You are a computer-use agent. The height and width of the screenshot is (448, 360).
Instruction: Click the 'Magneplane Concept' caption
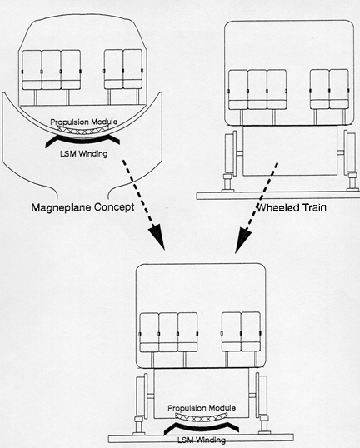click(83, 207)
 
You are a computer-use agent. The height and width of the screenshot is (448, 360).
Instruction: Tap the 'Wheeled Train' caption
click(292, 207)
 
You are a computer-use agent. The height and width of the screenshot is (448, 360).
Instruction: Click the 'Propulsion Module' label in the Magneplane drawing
click(84, 122)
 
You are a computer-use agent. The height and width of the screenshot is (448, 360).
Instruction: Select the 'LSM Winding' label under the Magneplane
click(84, 154)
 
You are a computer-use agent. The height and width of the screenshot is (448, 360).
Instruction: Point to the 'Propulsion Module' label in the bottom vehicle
click(201, 408)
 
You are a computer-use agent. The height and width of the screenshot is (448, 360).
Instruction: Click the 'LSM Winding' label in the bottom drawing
click(201, 440)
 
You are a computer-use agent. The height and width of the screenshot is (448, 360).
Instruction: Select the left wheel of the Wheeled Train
click(230, 152)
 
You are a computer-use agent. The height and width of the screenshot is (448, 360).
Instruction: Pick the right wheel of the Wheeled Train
click(351, 152)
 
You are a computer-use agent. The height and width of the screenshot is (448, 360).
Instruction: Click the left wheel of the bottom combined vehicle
click(141, 396)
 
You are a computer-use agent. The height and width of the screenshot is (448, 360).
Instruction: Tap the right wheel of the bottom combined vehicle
click(262, 396)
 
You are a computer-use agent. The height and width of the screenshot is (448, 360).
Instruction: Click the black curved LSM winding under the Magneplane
click(83, 140)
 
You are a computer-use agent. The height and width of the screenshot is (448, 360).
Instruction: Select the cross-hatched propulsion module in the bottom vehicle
click(201, 417)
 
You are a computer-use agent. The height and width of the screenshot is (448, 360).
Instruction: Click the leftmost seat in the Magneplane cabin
click(32, 70)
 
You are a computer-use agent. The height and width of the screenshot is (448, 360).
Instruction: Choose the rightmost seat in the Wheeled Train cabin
click(339, 89)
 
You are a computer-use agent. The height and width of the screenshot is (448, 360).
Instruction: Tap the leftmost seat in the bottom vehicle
click(149, 332)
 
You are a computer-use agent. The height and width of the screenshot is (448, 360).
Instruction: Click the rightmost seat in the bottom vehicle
click(251, 331)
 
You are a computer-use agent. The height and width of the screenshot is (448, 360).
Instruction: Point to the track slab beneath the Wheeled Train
click(278, 196)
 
